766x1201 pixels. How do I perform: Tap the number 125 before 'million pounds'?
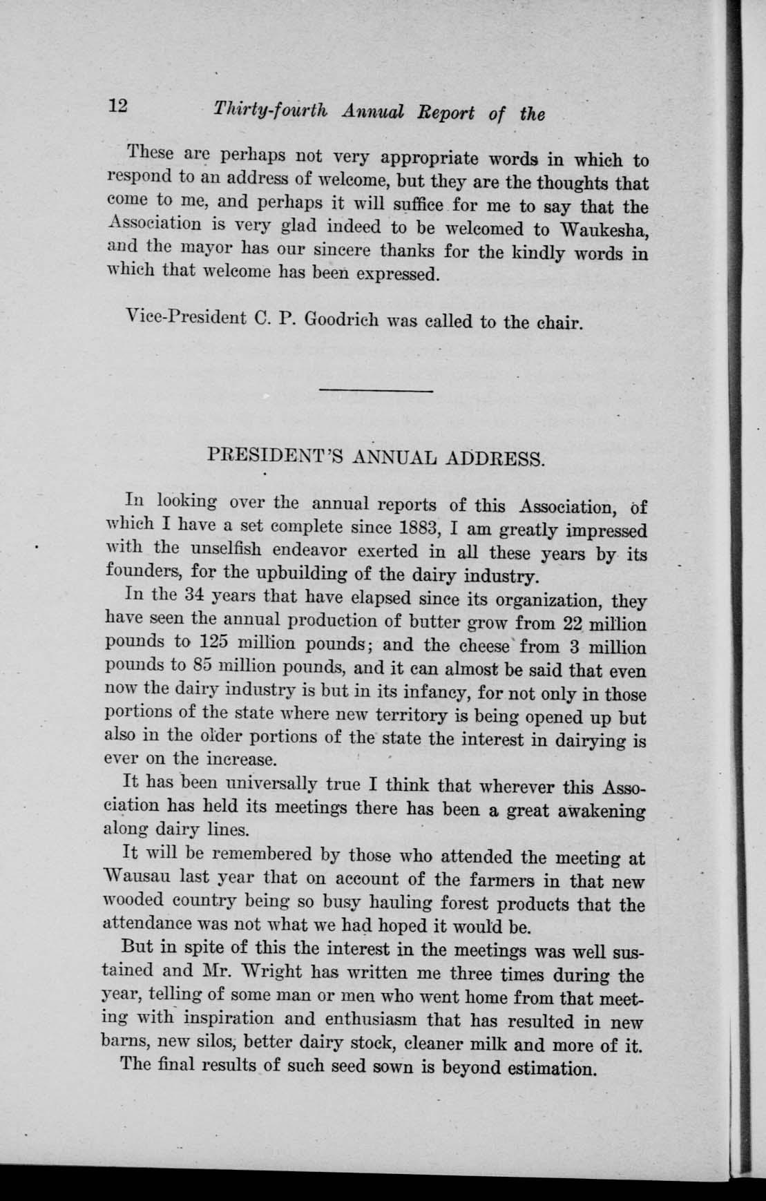(x=219, y=642)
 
